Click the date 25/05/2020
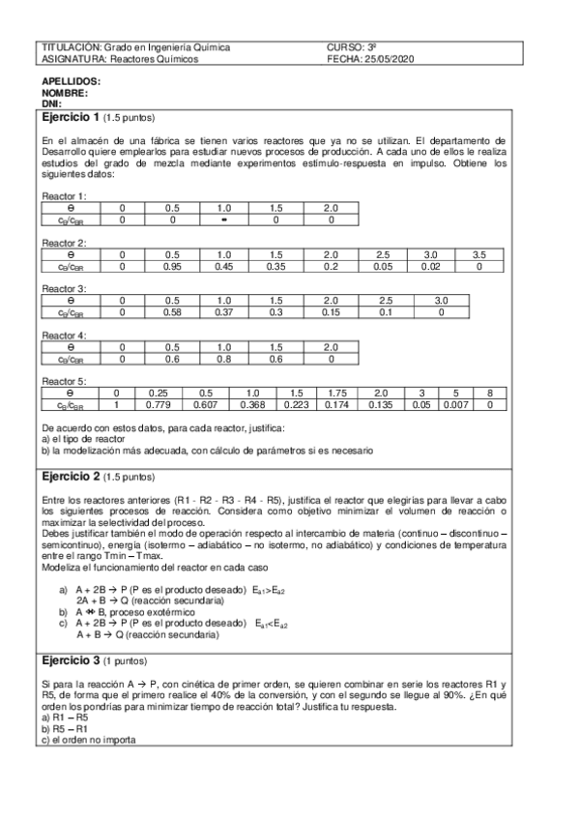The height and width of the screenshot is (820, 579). pos(390,59)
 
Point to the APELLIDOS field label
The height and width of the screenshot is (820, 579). pos(71,82)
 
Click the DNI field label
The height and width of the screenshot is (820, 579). pos(51,103)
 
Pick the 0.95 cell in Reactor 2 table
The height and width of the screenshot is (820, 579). pos(173,266)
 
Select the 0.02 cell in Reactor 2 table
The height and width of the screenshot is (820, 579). pos(430,266)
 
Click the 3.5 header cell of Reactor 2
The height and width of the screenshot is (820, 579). pos(478,254)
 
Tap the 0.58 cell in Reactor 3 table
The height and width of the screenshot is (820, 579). pos(173,312)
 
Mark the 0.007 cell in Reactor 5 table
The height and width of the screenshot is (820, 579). pos(459,405)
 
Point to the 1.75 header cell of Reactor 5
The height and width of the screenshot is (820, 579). pos(337,394)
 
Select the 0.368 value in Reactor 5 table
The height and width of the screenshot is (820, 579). pos(252,405)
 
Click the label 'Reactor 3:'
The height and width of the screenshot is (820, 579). pos(63,289)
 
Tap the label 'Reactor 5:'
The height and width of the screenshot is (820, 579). pos(63,382)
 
